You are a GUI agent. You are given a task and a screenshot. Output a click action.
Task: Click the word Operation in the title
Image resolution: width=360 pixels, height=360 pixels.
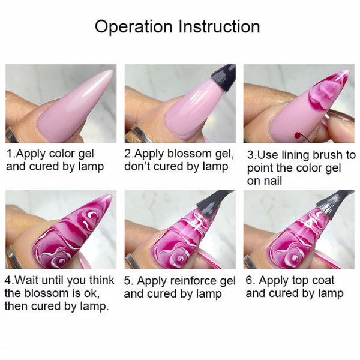(133, 27)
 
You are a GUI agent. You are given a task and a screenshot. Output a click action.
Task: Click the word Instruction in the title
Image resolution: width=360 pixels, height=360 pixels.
(219, 26)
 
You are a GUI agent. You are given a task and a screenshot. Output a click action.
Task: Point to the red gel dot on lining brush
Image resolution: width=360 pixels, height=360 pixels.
(298, 135)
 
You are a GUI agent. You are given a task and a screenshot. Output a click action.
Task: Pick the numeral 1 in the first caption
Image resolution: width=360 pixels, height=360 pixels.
(9, 154)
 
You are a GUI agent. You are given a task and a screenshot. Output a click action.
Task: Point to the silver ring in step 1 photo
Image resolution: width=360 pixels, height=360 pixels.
(13, 136)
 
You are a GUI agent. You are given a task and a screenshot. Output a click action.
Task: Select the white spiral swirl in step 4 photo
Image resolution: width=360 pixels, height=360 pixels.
(59, 260)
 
